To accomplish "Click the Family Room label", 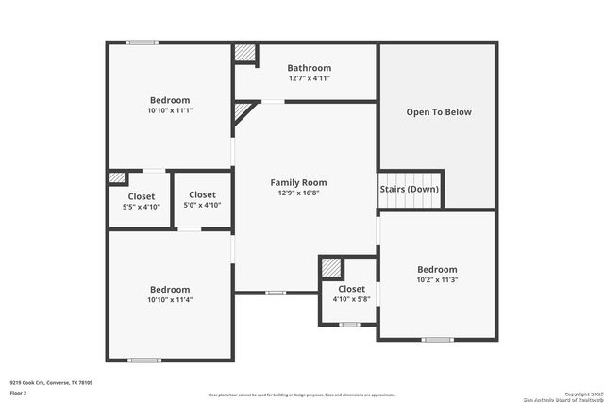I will coord(298,182).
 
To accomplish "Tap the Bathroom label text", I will coord(310,68).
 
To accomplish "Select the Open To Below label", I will coord(439,112).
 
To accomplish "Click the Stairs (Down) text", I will coord(409,189).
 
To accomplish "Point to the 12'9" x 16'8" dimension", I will coord(298,193).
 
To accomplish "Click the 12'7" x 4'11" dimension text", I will coord(310,78).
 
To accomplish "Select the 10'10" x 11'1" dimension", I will coord(170,110).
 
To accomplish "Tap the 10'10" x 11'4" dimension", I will coord(170,300).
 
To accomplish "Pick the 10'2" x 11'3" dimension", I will coord(437,279).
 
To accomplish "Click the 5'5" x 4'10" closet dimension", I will coord(142,206).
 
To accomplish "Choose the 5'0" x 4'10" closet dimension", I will coord(202,206).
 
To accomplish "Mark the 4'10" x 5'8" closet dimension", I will coord(351,299).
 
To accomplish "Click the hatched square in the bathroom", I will coord(245,54).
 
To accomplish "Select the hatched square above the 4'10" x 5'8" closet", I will coord(330,268).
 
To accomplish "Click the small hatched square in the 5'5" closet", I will coord(117,177).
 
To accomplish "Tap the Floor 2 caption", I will coord(19,393).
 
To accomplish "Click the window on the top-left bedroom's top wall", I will coord(143,42).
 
